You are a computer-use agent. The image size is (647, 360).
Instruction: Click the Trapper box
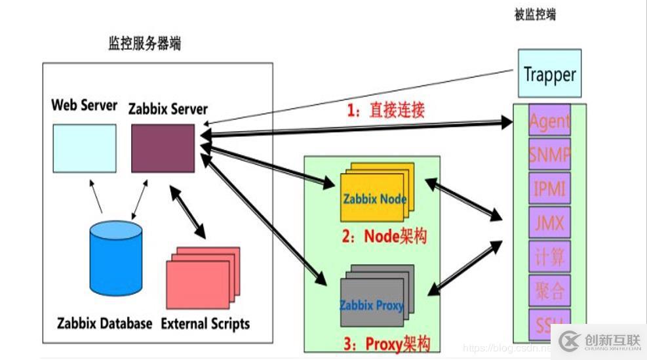click(549, 73)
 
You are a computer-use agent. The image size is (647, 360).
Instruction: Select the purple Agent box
click(549, 121)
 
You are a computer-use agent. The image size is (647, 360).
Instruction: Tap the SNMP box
click(549, 155)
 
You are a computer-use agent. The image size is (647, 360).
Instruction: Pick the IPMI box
click(549, 189)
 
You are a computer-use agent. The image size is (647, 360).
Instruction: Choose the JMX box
click(549, 223)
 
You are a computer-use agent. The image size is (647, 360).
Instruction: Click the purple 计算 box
click(549, 257)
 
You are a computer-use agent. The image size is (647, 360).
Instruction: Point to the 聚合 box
click(549, 290)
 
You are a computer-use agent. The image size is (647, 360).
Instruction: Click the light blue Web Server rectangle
click(85, 148)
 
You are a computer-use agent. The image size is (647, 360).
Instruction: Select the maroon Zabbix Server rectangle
click(163, 148)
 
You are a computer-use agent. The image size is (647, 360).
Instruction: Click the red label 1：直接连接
click(385, 110)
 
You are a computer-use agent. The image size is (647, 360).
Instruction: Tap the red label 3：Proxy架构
click(387, 343)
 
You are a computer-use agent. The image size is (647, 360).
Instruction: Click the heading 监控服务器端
click(145, 44)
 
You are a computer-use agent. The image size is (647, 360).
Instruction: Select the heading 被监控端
click(535, 14)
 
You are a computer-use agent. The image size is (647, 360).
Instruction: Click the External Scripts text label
click(205, 323)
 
